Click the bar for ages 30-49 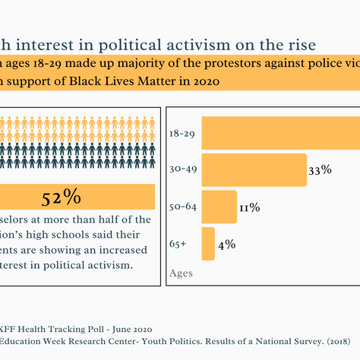[254, 170]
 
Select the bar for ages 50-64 [219, 207]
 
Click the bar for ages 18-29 [280, 133]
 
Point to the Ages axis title [181, 273]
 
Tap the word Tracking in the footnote [70, 328]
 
